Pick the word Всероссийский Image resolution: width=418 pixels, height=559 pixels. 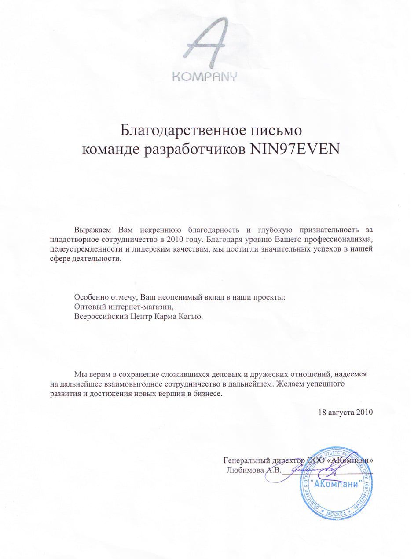tap(103, 316)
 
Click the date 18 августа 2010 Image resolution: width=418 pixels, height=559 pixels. tap(345, 413)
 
